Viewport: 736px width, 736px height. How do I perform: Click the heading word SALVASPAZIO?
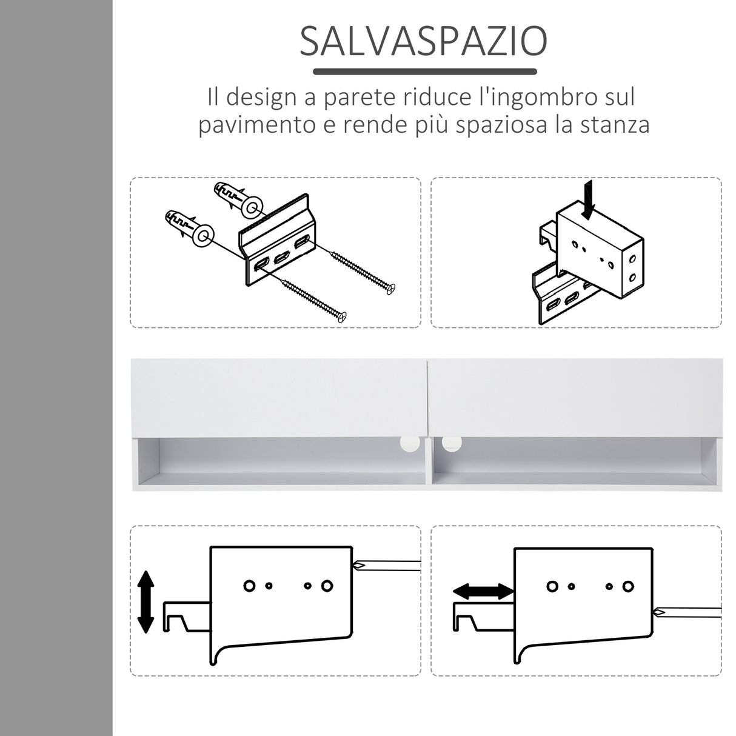point(423,42)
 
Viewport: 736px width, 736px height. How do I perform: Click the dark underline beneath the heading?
point(424,72)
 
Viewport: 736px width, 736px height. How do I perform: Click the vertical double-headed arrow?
point(146,602)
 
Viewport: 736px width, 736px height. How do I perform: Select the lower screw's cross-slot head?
point(343,316)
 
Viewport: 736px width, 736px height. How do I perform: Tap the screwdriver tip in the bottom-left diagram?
point(359,566)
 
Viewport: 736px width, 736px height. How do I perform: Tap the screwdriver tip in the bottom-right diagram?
point(659,612)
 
